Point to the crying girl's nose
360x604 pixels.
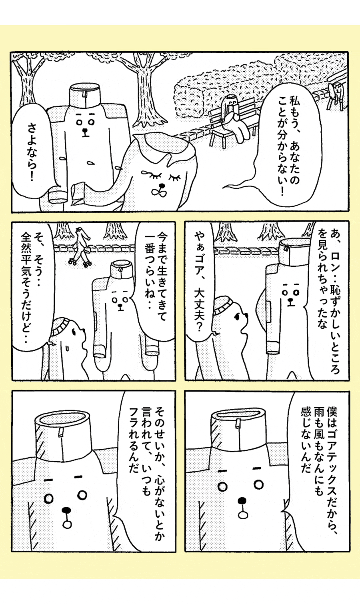(x=162, y=186)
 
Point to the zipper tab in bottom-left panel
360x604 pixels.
(x=60, y=432)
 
